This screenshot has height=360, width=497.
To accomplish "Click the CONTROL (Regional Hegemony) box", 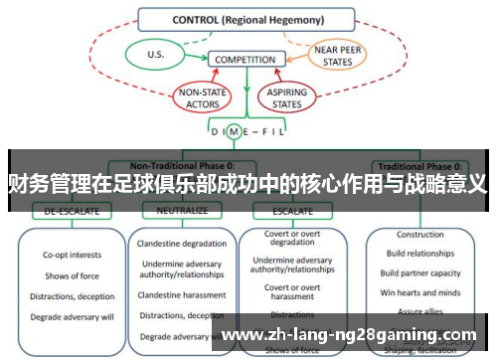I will coord(247,19).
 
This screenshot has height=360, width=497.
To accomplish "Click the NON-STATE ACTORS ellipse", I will coord(202,96).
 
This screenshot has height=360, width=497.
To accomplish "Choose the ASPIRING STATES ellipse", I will coord(287,96).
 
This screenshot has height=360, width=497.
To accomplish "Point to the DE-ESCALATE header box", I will coord(65,211).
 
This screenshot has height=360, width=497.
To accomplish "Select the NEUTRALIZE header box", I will coord(175,211).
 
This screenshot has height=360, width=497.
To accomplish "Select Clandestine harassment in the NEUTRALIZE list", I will coord(182,294).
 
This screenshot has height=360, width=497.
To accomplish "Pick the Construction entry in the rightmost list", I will coord(419,235).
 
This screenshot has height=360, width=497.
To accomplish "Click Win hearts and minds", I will coord(419,291).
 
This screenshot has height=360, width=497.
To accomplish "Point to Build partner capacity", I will coord(419,272).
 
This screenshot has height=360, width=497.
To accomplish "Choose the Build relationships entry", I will coord(419,254).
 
